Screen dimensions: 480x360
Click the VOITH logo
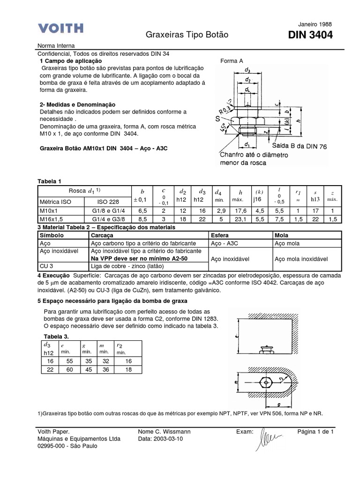[60, 29]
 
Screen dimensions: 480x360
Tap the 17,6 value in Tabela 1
[240, 211]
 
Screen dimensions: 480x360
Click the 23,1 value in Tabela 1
[240, 219]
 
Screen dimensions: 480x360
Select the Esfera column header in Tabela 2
[220, 234]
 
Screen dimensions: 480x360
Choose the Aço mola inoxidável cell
[300, 258]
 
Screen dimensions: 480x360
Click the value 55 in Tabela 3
[70, 361]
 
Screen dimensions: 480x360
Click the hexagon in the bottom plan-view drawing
[266, 382]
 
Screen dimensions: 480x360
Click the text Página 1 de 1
[315, 432]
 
